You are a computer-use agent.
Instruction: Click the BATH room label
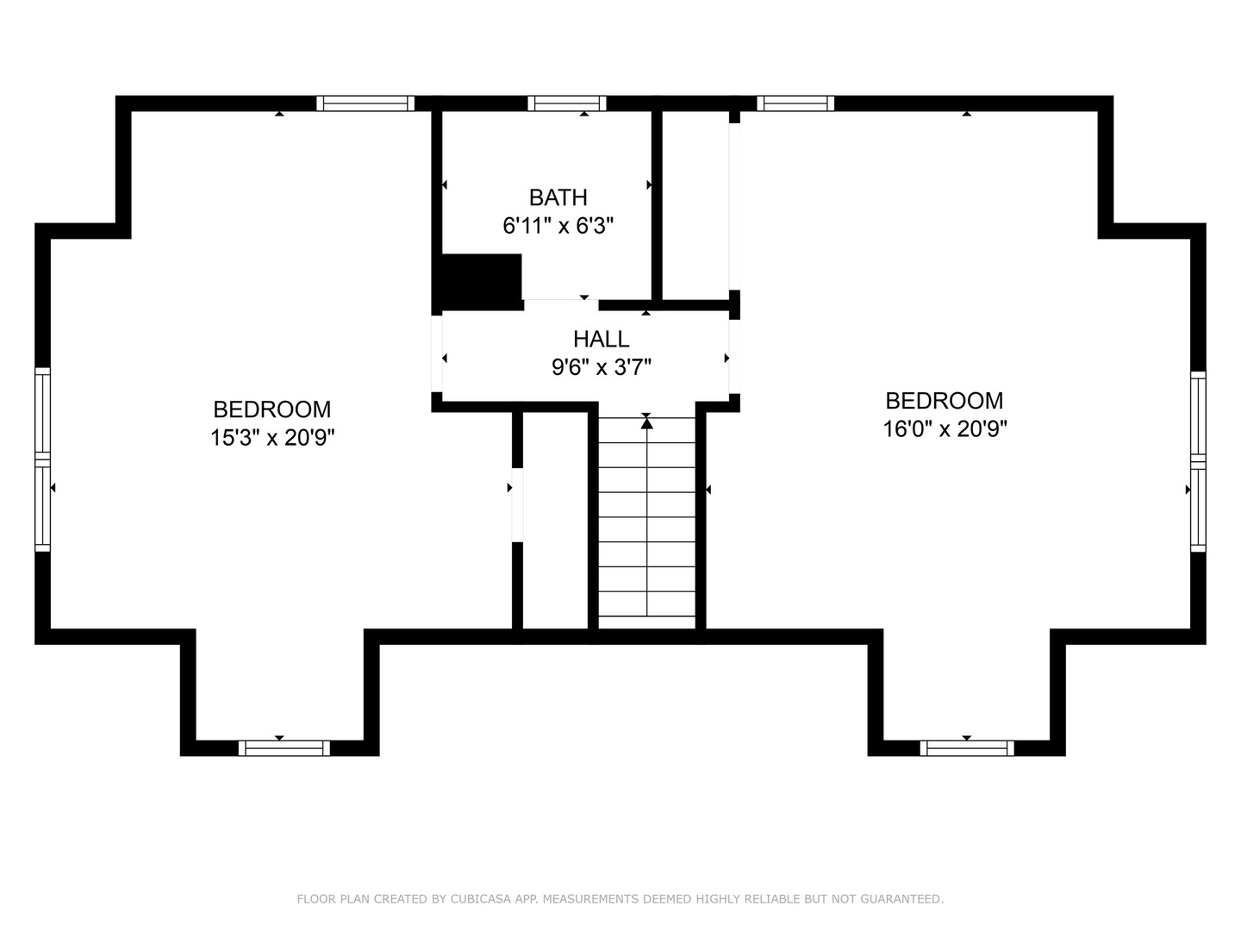click(558, 197)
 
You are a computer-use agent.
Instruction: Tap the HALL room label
click(601, 339)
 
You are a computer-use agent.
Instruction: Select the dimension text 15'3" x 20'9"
click(272, 438)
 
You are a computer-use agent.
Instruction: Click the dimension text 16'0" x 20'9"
click(945, 428)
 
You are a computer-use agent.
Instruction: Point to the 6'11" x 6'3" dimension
click(558, 226)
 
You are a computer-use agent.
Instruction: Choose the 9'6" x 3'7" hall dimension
click(601, 367)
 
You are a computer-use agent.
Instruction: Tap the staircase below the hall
click(646, 526)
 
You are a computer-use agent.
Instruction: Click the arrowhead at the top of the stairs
click(646, 422)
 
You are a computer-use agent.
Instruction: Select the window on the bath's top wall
click(566, 103)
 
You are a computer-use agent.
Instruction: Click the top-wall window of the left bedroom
click(365, 103)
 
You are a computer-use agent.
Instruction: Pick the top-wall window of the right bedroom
click(795, 103)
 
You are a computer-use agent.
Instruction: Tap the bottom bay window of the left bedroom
click(284, 747)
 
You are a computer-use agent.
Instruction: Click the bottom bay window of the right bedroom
click(967, 747)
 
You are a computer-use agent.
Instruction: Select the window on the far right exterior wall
click(1198, 461)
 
